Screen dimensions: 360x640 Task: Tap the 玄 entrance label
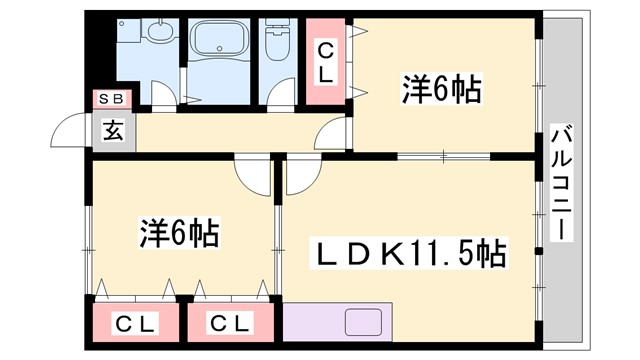click(x=112, y=130)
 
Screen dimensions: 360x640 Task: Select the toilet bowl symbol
click(x=277, y=46)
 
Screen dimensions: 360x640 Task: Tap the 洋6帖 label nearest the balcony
click(x=443, y=91)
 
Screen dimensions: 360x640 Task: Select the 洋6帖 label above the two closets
click(x=180, y=235)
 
